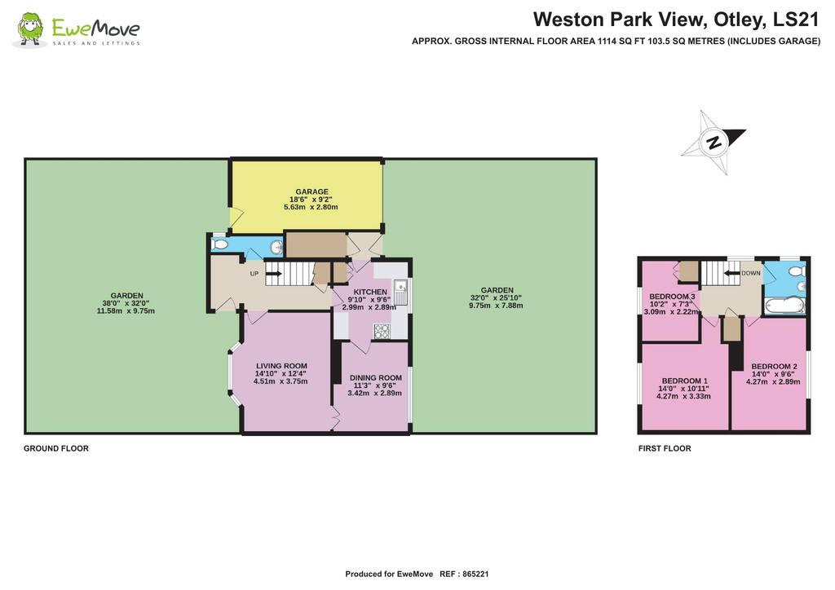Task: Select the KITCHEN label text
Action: [369, 291]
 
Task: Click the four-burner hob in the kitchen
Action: [382, 330]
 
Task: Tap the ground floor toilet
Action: [219, 244]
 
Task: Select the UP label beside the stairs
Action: [254, 274]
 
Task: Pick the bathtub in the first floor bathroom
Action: [784, 306]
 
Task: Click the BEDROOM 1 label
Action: [684, 381]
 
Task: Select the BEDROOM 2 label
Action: [774, 366]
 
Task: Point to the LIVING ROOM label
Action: [281, 366]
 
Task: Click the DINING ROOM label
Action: [375, 377]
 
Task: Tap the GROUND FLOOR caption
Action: [56, 448]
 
